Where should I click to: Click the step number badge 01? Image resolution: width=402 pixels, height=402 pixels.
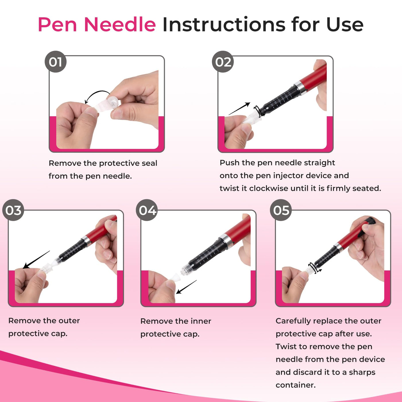pyautogui.click(x=55, y=62)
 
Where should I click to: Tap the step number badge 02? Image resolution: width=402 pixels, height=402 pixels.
pyautogui.click(x=223, y=62)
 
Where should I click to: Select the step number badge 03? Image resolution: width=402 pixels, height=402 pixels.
pyautogui.click(x=13, y=210)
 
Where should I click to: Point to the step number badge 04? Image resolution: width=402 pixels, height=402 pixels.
pyautogui.click(x=147, y=210)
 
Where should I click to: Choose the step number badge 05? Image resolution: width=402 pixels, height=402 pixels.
pyautogui.click(x=281, y=210)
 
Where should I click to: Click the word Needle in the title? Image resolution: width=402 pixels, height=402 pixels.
pyautogui.click(x=120, y=25)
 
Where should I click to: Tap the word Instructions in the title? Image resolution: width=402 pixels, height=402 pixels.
pyautogui.click(x=224, y=25)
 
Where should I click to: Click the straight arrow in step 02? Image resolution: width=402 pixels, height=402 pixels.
pyautogui.click(x=239, y=109)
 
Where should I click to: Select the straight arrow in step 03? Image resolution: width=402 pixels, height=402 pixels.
pyautogui.click(x=36, y=260)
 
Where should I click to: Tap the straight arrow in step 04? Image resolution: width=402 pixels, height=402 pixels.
pyautogui.click(x=186, y=287)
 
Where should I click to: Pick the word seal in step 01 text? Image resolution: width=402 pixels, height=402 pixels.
pyautogui.click(x=149, y=163)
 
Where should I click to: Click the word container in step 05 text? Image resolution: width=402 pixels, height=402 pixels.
pyautogui.click(x=295, y=385)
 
